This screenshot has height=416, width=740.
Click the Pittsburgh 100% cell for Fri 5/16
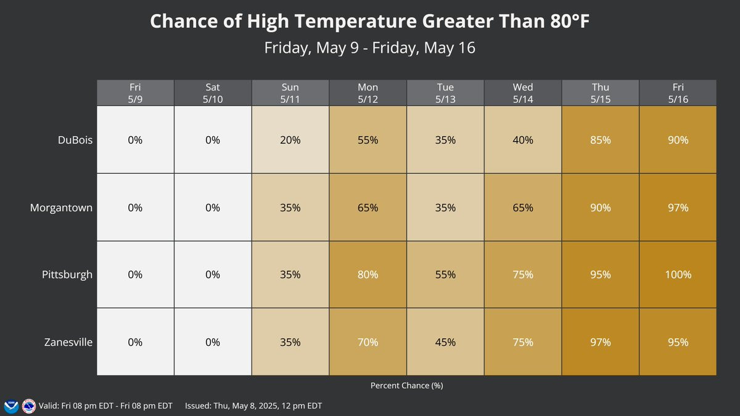(678, 275)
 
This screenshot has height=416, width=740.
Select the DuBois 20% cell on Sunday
(290, 140)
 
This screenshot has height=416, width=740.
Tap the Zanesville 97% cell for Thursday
(600, 342)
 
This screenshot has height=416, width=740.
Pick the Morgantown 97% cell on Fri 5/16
(678, 207)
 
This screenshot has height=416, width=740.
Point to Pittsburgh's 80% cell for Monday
(368, 275)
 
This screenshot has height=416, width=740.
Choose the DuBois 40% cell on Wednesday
(523, 140)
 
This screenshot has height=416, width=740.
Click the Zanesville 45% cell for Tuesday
(445, 342)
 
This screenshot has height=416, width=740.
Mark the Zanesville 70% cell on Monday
(368, 342)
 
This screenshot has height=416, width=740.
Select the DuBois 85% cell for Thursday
(600, 140)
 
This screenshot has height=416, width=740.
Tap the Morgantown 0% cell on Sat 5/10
(213, 207)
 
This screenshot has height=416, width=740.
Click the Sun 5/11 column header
(290, 93)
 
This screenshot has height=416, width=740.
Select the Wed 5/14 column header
(523, 93)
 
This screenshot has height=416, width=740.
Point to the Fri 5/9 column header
(135, 93)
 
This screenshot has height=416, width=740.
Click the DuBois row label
(75, 140)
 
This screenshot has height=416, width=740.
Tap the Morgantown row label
(61, 208)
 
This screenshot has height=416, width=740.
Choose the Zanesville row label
(68, 342)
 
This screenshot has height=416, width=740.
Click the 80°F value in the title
(570, 21)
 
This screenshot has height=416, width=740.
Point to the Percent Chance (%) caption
(406, 385)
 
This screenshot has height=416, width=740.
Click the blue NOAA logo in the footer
(11, 406)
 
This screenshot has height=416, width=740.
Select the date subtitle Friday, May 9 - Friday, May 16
(369, 48)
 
